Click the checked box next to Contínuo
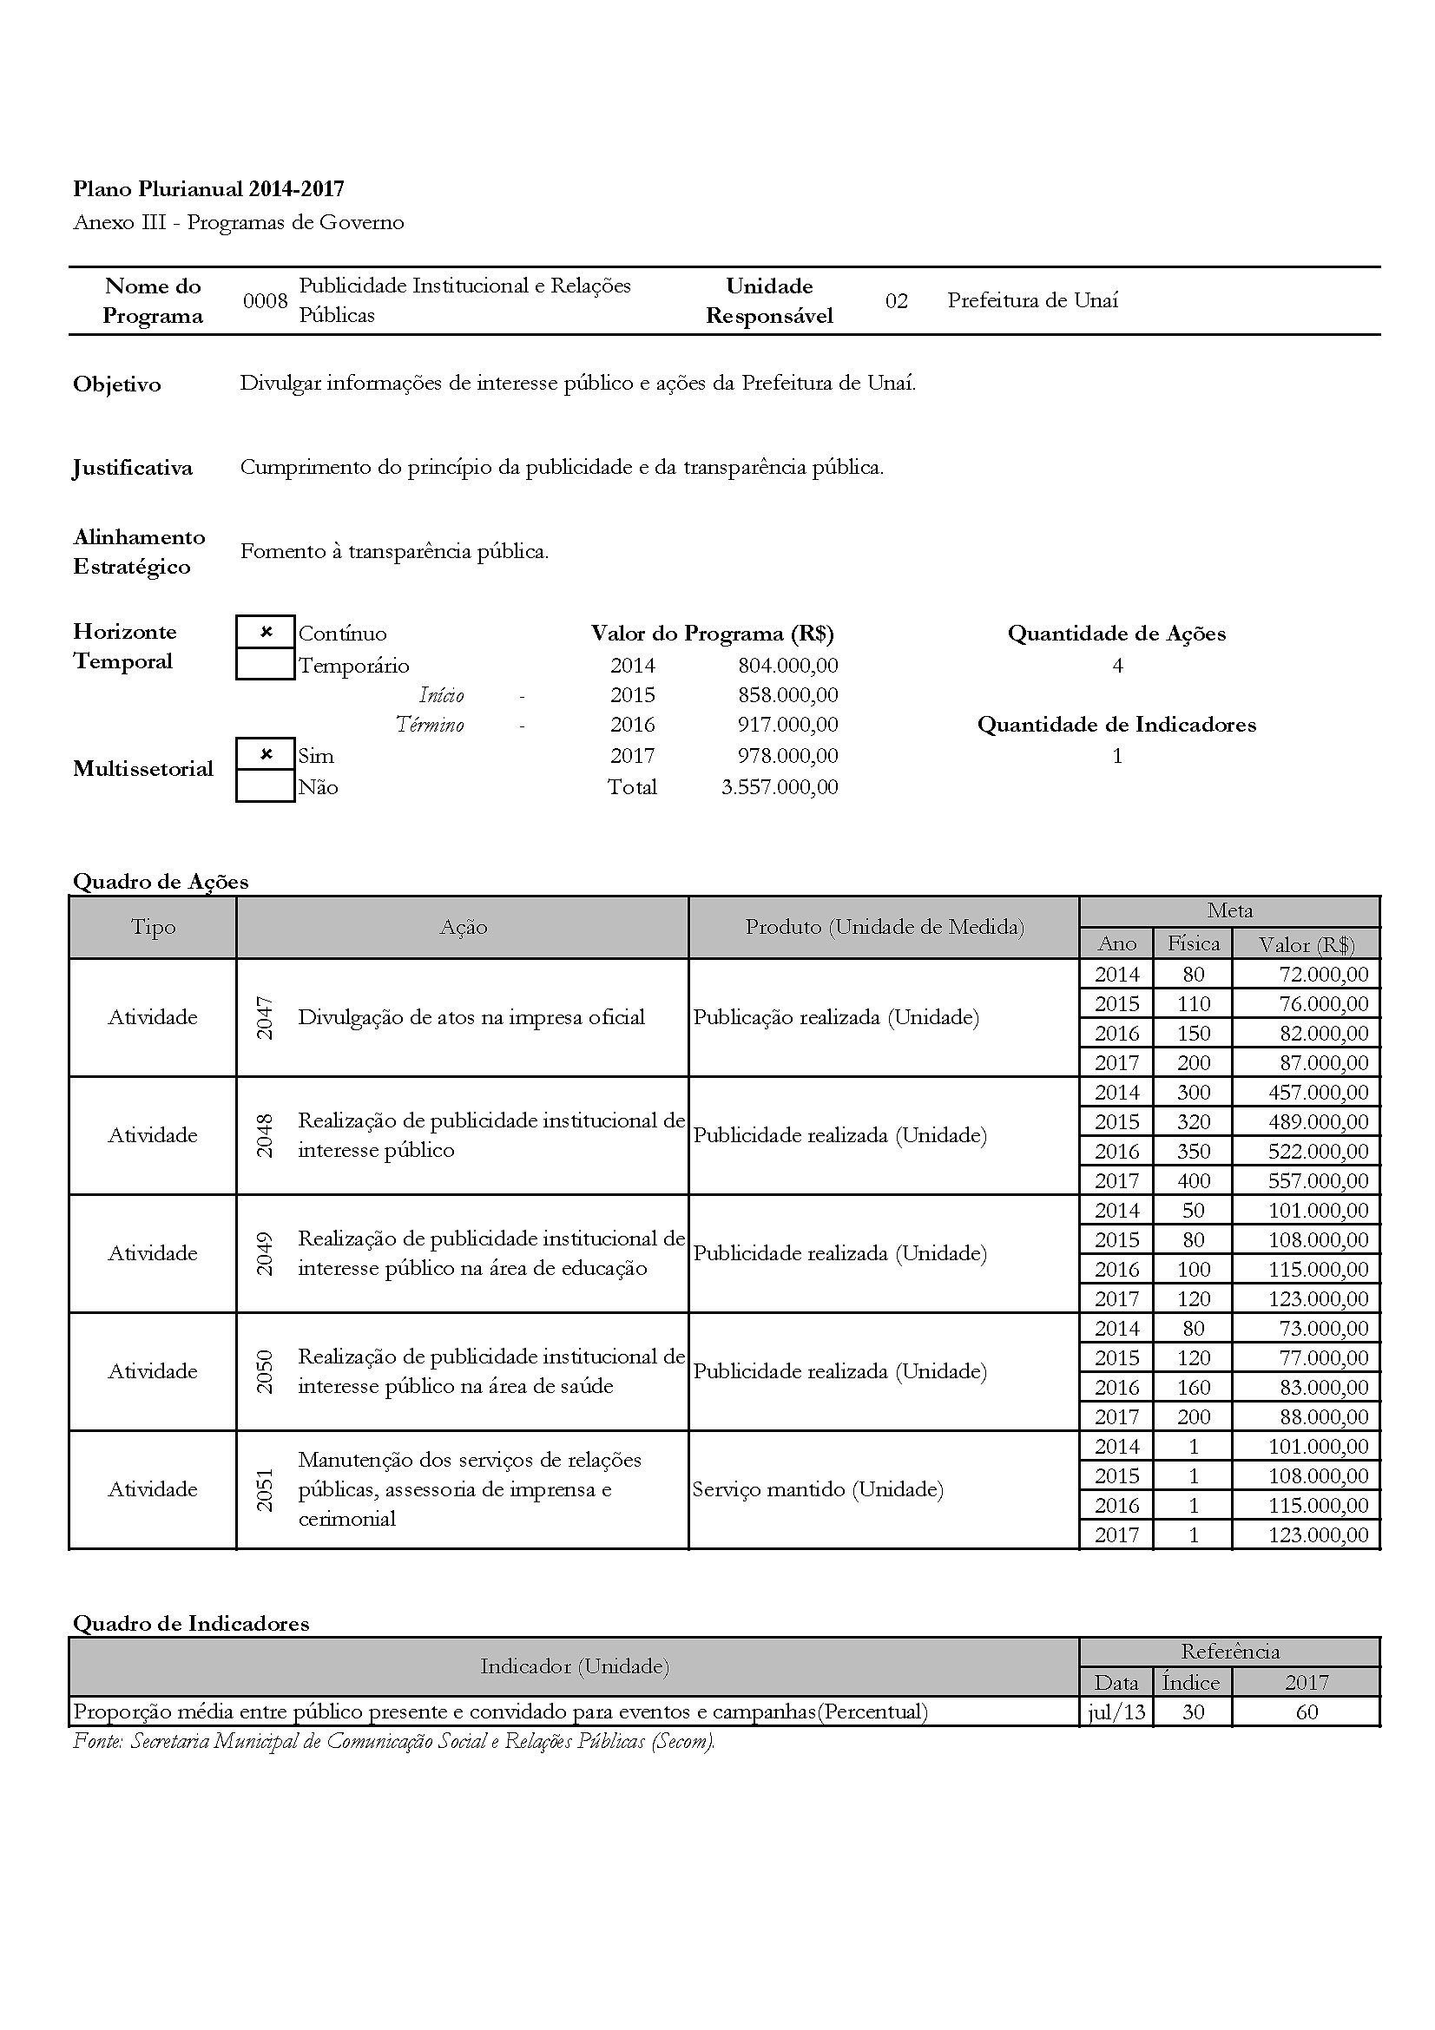point(266,632)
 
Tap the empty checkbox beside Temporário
point(266,664)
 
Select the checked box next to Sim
point(266,754)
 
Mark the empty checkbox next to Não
point(266,786)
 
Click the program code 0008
point(266,300)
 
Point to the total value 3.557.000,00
point(779,787)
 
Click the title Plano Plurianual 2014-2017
point(208,188)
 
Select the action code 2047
point(265,1017)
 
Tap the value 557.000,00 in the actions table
point(1319,1180)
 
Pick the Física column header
point(1193,943)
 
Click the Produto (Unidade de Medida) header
point(884,927)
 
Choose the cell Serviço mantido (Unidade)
point(818,1489)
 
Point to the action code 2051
point(265,1489)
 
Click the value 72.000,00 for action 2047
point(1324,975)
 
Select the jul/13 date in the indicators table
point(1116,1711)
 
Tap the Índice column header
point(1191,1682)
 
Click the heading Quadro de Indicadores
point(191,1623)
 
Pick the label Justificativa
point(133,468)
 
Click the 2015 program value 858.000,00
point(787,695)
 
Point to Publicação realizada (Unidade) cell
point(835,1017)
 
